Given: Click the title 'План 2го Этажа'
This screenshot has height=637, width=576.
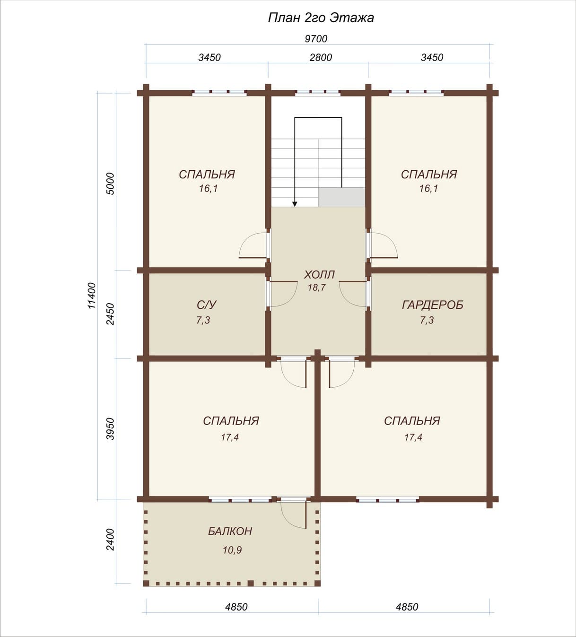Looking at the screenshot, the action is (321, 18).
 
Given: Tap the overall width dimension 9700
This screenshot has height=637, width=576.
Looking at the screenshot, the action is (316, 39).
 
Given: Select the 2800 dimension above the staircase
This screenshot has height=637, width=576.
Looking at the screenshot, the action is (321, 58).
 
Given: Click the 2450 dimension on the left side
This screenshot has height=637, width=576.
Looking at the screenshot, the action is (110, 314).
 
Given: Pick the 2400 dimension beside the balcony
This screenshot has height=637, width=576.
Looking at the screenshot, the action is (110, 540).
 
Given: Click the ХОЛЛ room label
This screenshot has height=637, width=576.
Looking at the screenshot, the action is (319, 275).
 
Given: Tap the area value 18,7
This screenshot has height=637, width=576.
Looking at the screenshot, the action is (316, 288).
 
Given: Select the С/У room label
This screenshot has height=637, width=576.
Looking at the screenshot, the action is (207, 305).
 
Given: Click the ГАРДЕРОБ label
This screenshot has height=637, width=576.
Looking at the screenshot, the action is (432, 305).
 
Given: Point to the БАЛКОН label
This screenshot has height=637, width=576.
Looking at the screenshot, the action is (230, 531).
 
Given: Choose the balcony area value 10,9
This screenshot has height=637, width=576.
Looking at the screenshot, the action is (232, 550).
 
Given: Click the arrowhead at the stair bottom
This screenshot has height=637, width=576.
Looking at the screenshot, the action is (295, 204).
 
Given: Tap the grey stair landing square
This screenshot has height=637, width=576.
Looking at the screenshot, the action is (341, 197).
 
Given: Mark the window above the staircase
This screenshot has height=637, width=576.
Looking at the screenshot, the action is (318, 93).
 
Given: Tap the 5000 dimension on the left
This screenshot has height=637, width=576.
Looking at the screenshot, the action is (110, 183).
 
